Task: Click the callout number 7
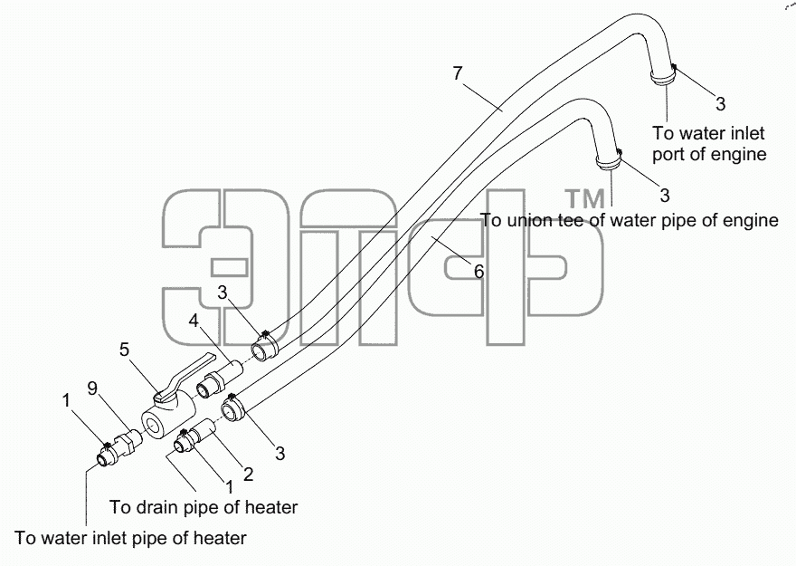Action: pos(458,73)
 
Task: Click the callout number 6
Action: pos(479,272)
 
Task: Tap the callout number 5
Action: pos(125,350)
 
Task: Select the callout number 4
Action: pos(194,321)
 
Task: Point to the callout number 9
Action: pos(92,389)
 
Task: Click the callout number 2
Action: pos(248,474)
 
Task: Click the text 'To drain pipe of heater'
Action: pos(204,507)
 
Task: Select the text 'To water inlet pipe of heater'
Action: pos(130,538)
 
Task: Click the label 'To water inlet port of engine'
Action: pos(709,143)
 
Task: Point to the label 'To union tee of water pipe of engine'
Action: pos(629,220)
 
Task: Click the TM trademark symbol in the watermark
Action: pos(585,198)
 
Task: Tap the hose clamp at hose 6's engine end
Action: pos(609,161)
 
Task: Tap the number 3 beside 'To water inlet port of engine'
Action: pos(720,104)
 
